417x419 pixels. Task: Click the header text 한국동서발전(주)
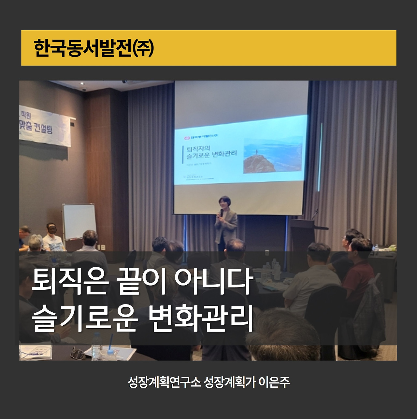[93, 48]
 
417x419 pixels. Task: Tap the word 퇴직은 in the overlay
[69, 281]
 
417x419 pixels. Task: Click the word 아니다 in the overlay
[214, 281]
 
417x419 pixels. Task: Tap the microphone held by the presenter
[222, 212]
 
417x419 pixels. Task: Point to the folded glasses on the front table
[78, 353]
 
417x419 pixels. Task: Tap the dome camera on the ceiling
[84, 89]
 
